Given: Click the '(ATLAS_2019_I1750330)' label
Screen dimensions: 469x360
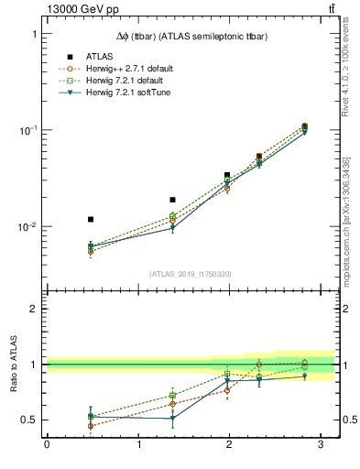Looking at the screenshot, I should (191, 274).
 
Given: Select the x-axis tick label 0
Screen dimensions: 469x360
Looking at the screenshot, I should (47, 444).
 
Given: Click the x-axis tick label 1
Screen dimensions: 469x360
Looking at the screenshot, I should (138, 444).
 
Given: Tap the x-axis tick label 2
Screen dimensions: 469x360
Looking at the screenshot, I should (230, 444).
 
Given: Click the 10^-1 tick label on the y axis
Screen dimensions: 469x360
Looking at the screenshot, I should (26, 130).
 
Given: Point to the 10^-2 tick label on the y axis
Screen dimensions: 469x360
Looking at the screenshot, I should (26, 226).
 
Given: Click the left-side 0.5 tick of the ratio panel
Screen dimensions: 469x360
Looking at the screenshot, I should (29, 420).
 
